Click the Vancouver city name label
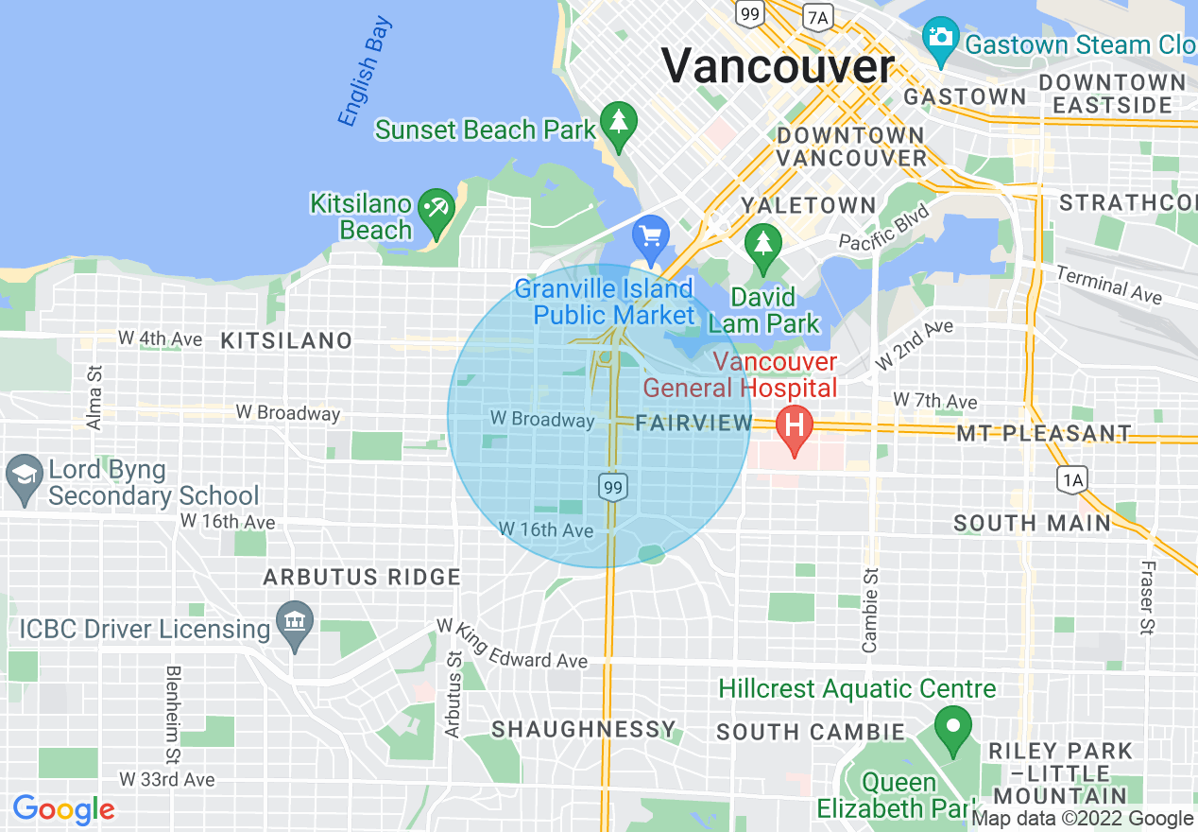[x=777, y=66]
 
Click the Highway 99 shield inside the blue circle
[x=613, y=487]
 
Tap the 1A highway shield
[x=1072, y=479]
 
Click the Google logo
[x=64, y=809]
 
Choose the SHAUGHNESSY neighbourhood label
[x=584, y=729]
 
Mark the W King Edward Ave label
[x=512, y=645]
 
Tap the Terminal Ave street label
[x=1108, y=285]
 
